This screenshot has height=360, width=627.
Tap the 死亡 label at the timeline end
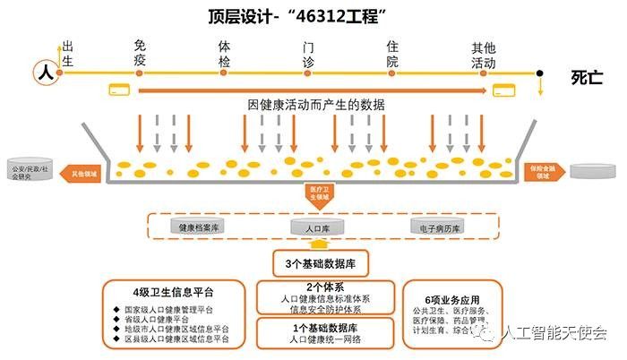pyautogui.click(x=587, y=79)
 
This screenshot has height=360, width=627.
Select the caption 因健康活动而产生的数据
pyautogui.click(x=316, y=105)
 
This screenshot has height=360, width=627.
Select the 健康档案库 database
pyautogui.click(x=200, y=227)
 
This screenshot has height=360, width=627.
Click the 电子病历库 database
pyautogui.click(x=435, y=227)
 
